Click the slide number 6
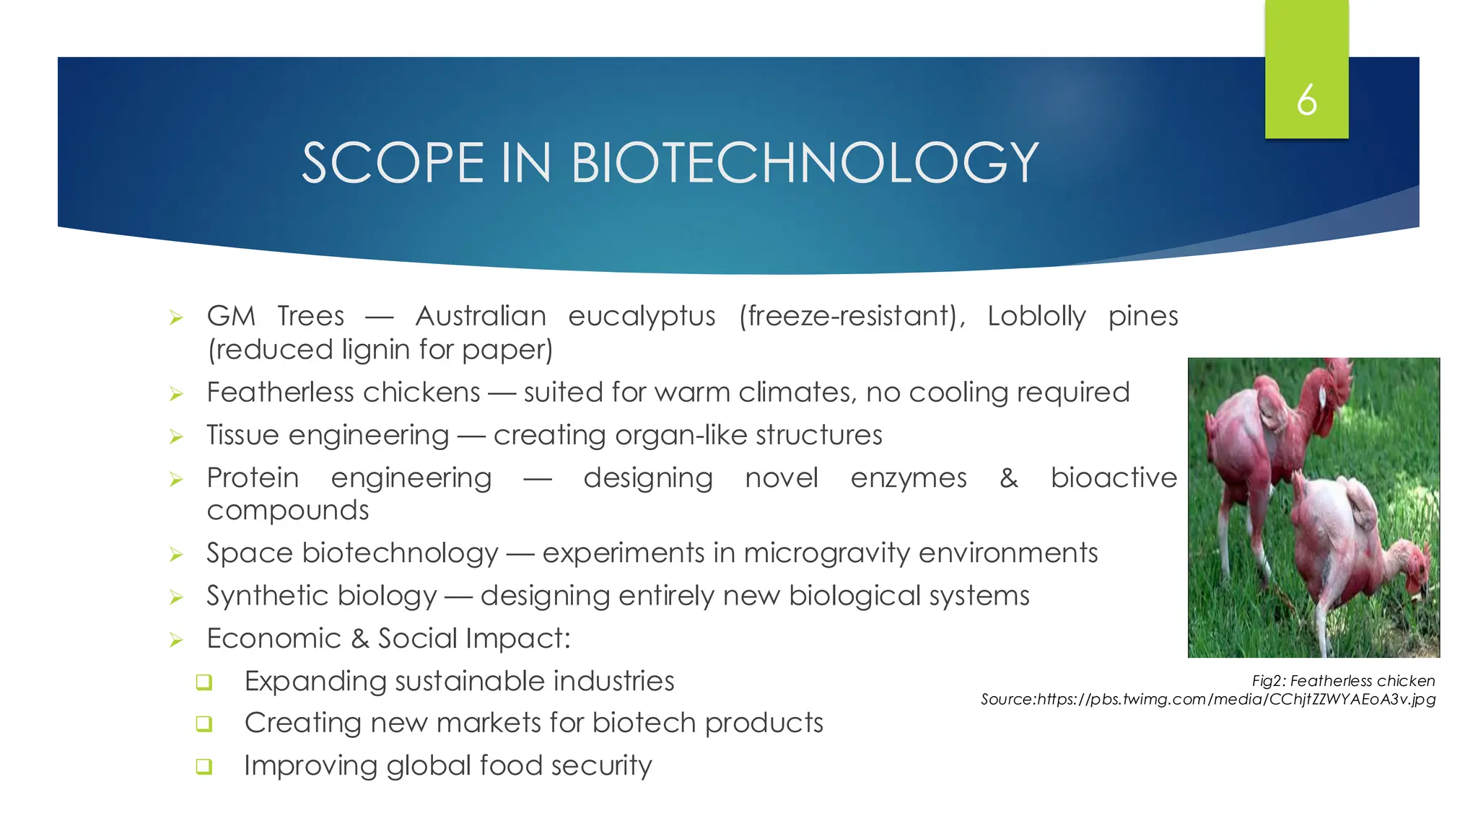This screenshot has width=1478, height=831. tap(1306, 100)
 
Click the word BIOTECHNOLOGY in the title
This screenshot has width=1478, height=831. tap(804, 163)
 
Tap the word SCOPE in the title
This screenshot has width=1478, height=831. tap(393, 163)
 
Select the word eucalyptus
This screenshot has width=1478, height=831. tap(642, 317)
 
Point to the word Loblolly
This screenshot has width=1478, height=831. tap(1036, 316)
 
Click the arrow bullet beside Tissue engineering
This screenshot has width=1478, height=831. tap(176, 436)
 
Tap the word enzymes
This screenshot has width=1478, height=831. tap(908, 478)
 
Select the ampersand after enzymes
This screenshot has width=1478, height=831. tap(1008, 478)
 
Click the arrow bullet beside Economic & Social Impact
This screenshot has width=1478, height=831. tap(176, 640)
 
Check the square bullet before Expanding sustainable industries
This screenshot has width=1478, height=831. tap(204, 682)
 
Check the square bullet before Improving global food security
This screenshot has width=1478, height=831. tap(204, 766)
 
